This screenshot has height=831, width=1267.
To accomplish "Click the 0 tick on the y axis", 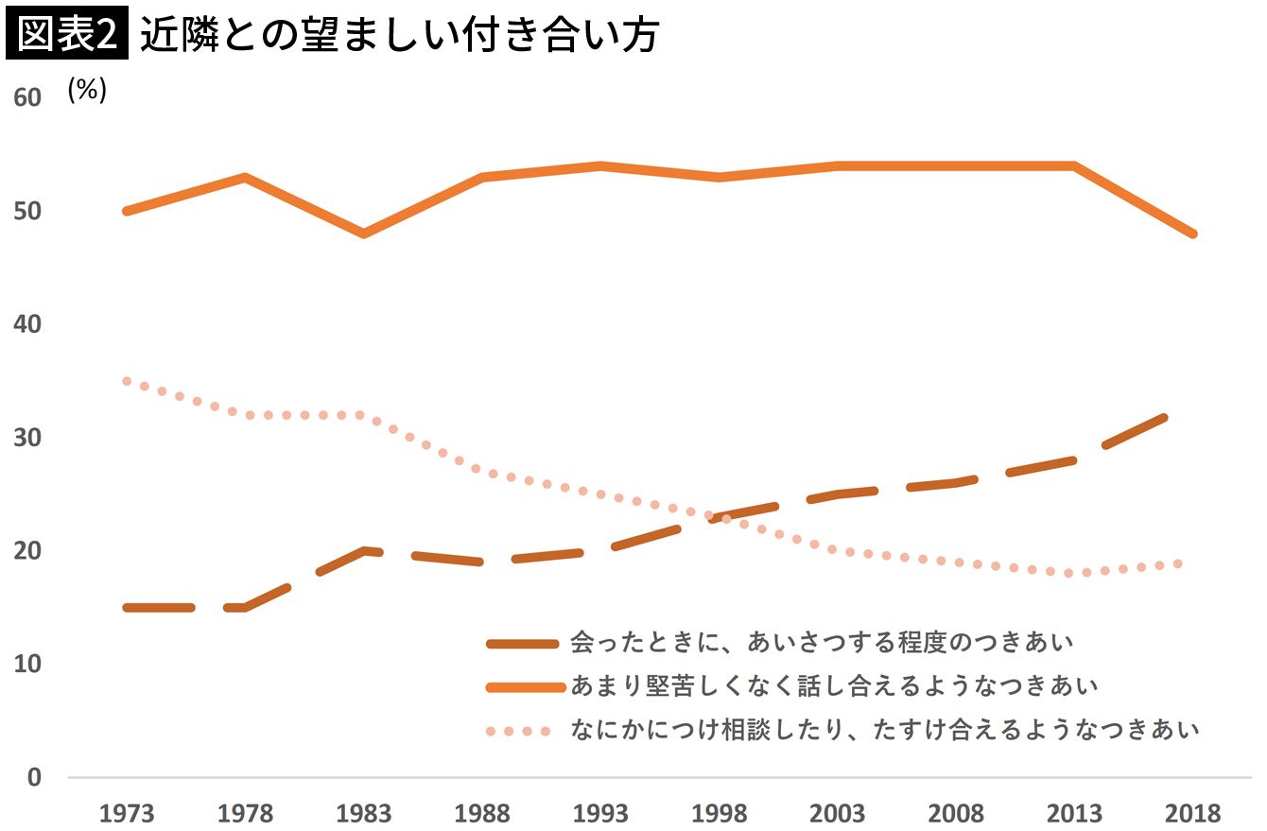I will pos(34,777).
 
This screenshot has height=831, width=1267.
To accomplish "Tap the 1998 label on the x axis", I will pos(719,813).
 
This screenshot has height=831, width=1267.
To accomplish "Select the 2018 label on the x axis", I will pos(1193,813).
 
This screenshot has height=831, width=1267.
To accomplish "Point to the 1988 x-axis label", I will pos(481,813).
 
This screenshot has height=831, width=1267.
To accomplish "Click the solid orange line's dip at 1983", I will pos(363,234).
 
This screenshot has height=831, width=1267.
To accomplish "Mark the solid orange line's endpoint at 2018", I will pos(1192,234).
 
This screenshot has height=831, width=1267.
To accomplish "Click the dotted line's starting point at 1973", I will pos(126,381).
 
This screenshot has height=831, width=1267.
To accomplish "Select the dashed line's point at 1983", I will pos(363,550).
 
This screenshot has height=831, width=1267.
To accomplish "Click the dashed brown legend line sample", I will pos(523,644).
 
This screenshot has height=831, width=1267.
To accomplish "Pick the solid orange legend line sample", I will pos(523,687).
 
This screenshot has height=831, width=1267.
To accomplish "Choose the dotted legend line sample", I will pos(518,731).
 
